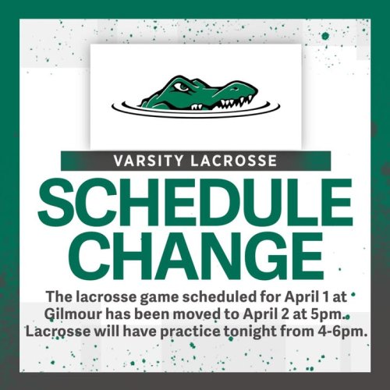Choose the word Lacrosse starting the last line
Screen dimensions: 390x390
click(52, 331)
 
